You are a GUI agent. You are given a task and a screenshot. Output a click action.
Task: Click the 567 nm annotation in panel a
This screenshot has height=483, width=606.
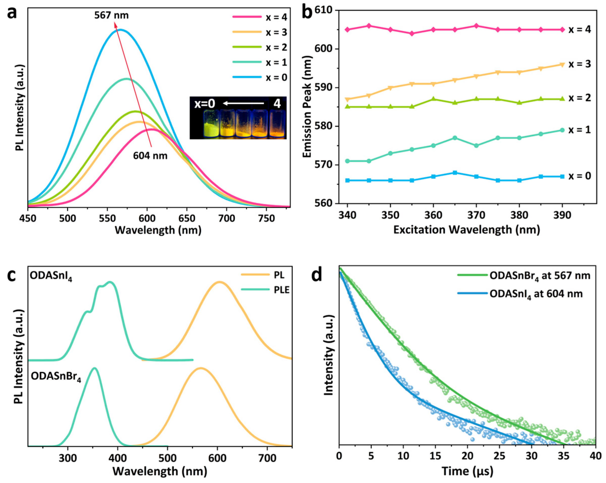pos(111,15)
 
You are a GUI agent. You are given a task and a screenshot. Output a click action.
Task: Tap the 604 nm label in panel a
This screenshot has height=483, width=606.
pos(150,155)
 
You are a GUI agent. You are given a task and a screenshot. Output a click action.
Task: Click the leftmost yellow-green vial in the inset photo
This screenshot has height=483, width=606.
pos(211,124)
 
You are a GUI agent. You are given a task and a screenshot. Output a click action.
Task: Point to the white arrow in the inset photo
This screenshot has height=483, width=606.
pos(243,104)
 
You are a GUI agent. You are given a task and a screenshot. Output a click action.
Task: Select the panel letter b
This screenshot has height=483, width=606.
pos(307,13)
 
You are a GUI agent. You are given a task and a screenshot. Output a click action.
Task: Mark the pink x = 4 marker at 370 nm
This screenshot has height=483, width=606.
pos(476,26)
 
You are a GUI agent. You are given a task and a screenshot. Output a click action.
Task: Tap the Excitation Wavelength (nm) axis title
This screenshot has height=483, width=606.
pos(466,230)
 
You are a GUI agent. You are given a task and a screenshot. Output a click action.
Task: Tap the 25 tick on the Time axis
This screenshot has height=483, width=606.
pos(499,456)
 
